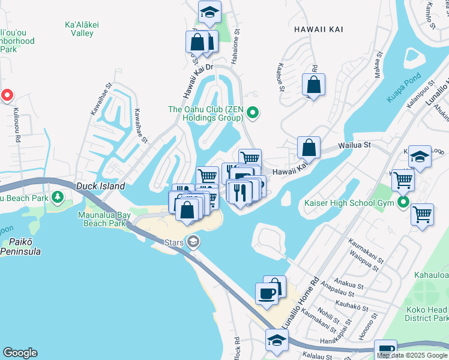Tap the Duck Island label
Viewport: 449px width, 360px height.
(100, 186)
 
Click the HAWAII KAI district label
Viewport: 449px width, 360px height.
(314, 28)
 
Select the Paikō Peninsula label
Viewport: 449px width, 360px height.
(20, 247)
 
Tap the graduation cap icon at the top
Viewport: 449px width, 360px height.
(209, 11)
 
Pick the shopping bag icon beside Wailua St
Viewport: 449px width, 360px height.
(308, 147)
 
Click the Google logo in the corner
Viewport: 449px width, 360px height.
(20, 353)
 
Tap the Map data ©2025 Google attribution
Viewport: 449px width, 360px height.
(412, 355)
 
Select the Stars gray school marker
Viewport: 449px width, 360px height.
(193, 242)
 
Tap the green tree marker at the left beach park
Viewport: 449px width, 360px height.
(57, 197)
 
